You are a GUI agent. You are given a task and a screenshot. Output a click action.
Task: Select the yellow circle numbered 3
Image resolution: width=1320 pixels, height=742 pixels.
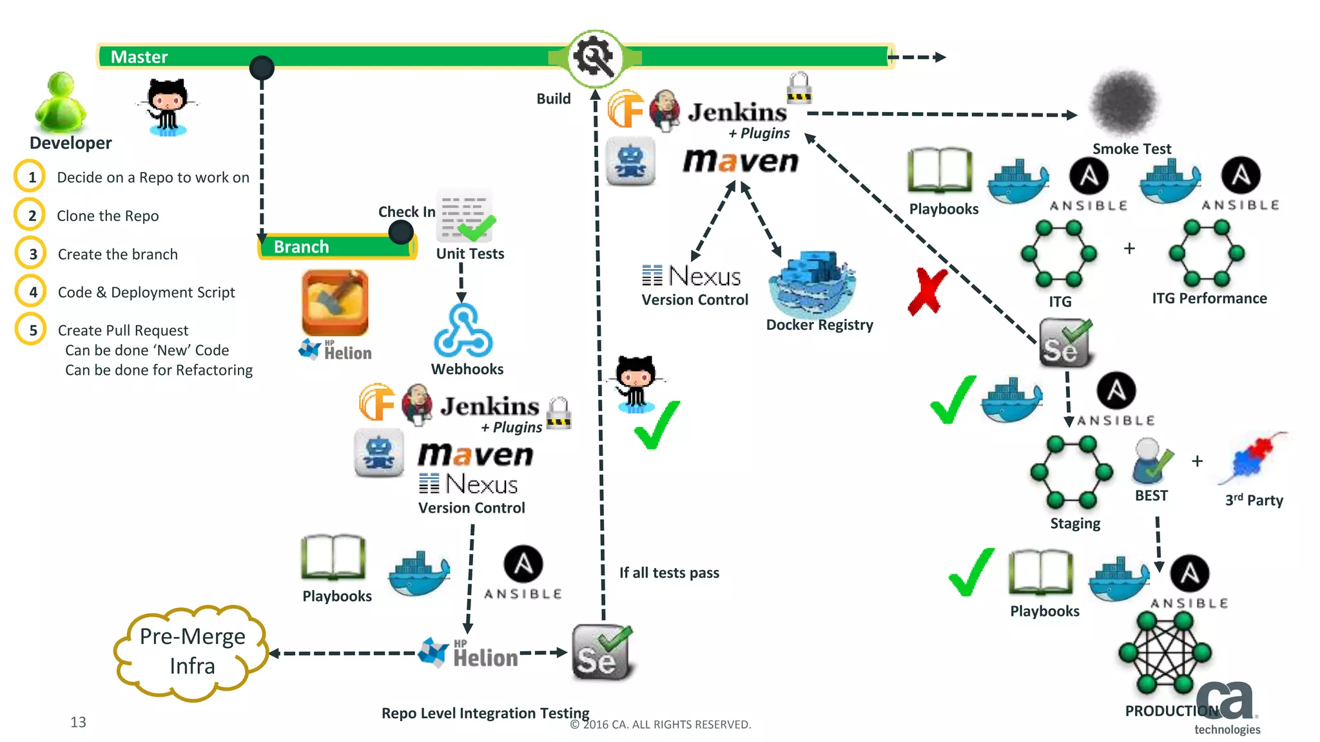click(x=31, y=254)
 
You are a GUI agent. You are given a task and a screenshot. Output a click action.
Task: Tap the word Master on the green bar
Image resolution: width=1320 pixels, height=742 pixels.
click(x=139, y=57)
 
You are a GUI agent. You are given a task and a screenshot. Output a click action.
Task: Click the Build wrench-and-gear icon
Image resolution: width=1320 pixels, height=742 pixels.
click(x=595, y=58)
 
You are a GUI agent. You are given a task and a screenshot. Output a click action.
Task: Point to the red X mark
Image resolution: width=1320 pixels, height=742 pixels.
click(x=927, y=292)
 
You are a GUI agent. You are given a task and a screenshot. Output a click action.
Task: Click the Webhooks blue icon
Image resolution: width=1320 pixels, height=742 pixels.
click(x=463, y=331)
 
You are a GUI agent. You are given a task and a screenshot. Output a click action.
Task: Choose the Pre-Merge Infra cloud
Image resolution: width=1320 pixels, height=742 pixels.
click(x=191, y=652)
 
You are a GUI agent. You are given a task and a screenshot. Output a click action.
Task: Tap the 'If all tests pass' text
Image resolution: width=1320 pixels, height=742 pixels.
click(x=669, y=573)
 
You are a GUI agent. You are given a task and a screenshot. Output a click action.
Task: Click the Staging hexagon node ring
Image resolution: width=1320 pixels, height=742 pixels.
click(x=1071, y=472)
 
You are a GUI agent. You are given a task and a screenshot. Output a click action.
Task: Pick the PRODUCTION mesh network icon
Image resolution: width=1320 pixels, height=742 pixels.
click(x=1165, y=652)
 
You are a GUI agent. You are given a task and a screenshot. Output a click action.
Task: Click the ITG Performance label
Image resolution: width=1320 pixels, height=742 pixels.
click(x=1209, y=298)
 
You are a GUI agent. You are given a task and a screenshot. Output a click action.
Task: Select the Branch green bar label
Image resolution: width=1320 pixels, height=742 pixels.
click(x=301, y=247)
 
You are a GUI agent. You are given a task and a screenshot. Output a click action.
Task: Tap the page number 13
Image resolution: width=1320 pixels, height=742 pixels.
click(x=78, y=722)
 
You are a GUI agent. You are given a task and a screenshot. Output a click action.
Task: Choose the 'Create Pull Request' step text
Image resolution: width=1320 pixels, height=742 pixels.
click(x=123, y=330)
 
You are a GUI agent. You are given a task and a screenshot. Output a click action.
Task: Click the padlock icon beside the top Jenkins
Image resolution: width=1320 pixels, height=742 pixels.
click(x=799, y=88)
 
